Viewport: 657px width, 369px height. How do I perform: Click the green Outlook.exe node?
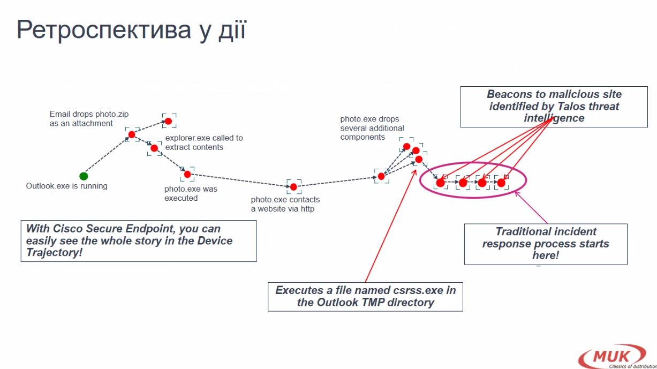84,176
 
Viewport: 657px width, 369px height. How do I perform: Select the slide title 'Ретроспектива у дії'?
131,31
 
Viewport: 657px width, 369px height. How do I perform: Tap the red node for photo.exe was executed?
187,174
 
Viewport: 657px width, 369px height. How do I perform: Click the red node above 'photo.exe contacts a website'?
293,187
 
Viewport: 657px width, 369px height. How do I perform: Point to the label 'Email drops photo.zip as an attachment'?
89,119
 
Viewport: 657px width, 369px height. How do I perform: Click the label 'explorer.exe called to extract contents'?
204,142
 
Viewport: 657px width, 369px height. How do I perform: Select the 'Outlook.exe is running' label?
67,186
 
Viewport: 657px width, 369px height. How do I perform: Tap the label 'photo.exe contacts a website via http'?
285,204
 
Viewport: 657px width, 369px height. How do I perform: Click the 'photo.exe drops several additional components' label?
372,128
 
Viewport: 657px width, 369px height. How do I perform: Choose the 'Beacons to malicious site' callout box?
554,106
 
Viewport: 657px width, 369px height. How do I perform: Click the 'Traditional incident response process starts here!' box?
545,244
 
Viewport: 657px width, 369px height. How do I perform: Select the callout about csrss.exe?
365,296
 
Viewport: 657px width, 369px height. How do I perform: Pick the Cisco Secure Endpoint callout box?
138,240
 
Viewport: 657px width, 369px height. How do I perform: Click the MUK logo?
613,356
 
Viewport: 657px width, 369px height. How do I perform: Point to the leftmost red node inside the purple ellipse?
440,183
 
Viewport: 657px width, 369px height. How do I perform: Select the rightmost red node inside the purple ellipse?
501,183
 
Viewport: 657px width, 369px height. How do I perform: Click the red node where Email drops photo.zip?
132,134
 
